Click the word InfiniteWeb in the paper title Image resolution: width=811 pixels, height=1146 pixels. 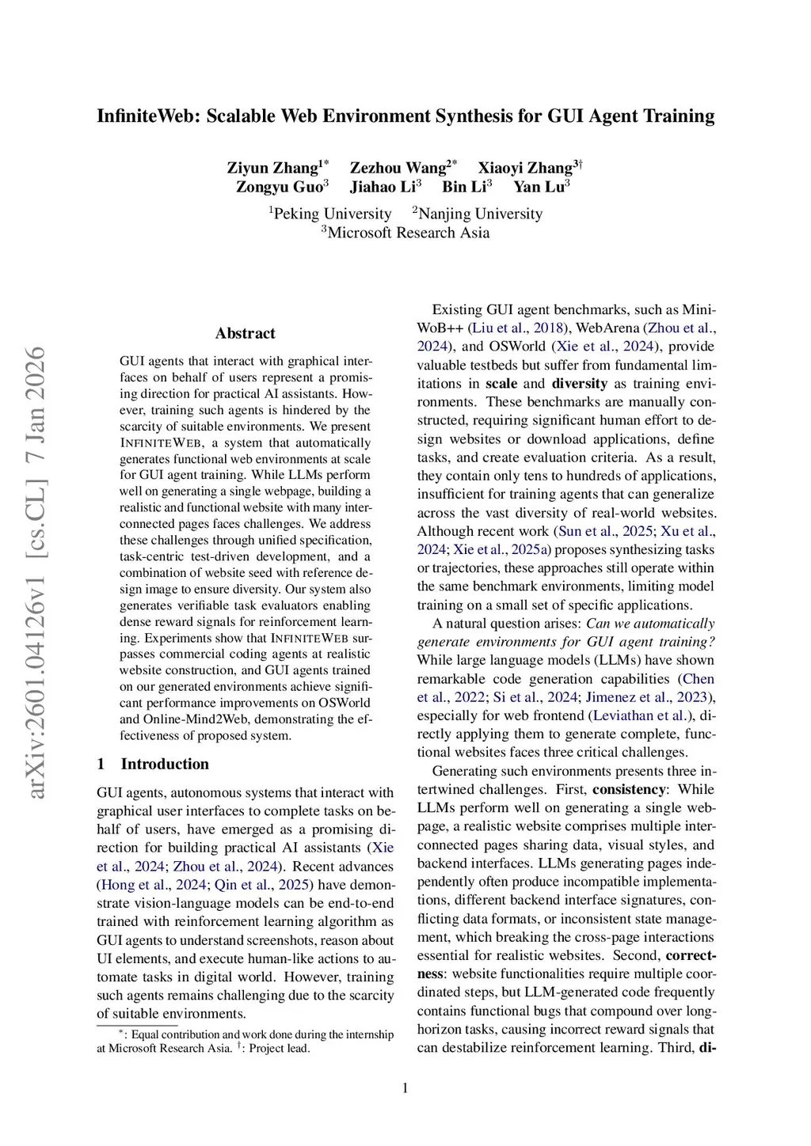[148, 116]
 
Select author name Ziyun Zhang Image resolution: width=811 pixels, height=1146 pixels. [272, 168]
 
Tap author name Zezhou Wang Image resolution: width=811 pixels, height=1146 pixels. [398, 168]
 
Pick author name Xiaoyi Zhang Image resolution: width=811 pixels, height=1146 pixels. [525, 168]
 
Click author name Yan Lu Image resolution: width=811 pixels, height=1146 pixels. [539, 187]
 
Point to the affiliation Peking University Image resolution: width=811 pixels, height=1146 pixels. [332, 214]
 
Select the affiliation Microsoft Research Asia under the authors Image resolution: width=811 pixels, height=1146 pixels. [408, 233]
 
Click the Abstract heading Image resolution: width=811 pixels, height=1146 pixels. [246, 333]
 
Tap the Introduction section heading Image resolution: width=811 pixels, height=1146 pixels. [165, 764]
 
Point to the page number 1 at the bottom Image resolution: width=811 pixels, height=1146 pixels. [405, 1088]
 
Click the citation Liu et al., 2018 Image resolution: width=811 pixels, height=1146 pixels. [517, 328]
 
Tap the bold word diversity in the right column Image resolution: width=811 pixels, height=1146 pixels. [579, 383]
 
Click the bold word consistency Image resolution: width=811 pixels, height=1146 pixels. [629, 789]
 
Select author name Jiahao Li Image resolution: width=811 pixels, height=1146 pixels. [383, 187]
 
